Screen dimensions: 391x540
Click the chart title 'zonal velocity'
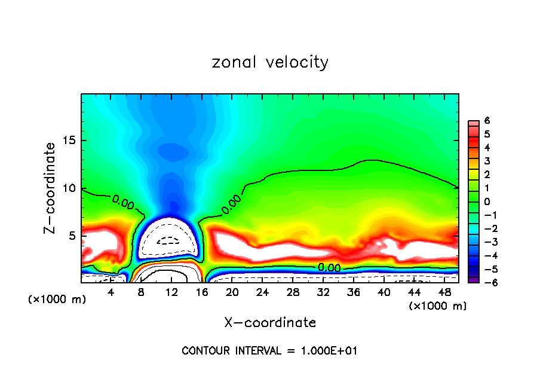(x=270, y=62)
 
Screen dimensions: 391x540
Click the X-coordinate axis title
(x=270, y=323)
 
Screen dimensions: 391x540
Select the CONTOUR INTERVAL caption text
(x=270, y=351)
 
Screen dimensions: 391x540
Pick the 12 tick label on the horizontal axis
(x=171, y=292)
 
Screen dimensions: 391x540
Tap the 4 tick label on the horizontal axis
(x=111, y=292)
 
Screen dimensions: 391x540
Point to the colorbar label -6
(x=485, y=282)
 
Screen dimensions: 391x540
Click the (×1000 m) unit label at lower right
(x=438, y=306)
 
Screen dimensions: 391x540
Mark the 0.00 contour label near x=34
(x=329, y=268)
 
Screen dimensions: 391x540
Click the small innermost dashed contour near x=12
(x=171, y=241)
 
